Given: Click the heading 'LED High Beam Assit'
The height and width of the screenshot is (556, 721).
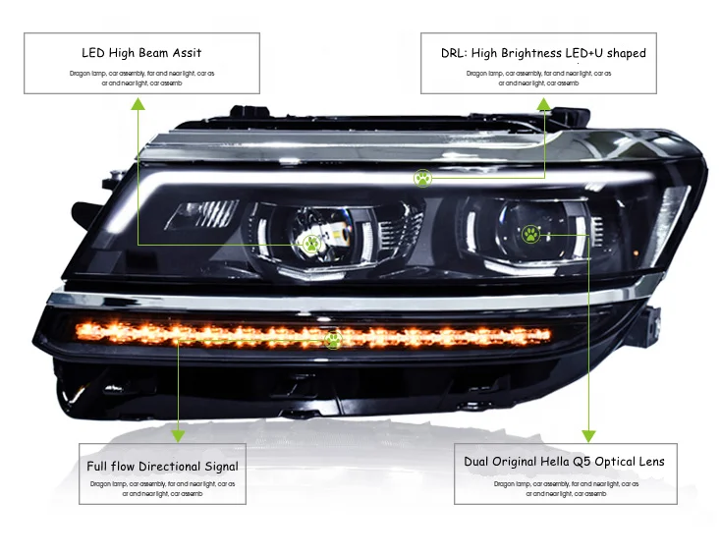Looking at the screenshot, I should [141, 52].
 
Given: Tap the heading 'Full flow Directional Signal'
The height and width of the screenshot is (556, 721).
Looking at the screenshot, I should [162, 467].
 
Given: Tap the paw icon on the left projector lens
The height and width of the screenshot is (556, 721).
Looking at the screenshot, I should [311, 243].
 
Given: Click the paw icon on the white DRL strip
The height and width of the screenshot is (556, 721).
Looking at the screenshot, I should [422, 178].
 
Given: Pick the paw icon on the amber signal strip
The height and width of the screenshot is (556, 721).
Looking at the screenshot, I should [333, 340].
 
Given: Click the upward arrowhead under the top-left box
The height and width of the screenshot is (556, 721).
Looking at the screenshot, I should [139, 102].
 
